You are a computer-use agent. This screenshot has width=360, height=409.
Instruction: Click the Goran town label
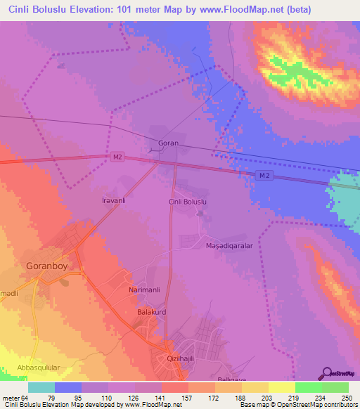169,143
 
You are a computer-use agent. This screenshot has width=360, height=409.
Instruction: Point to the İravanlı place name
113,200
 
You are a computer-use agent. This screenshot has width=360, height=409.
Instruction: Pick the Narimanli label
146,290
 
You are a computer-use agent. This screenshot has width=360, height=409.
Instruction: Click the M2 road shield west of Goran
117,157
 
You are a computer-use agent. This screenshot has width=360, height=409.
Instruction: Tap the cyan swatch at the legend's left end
41,387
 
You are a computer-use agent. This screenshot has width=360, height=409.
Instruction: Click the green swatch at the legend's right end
335,387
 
